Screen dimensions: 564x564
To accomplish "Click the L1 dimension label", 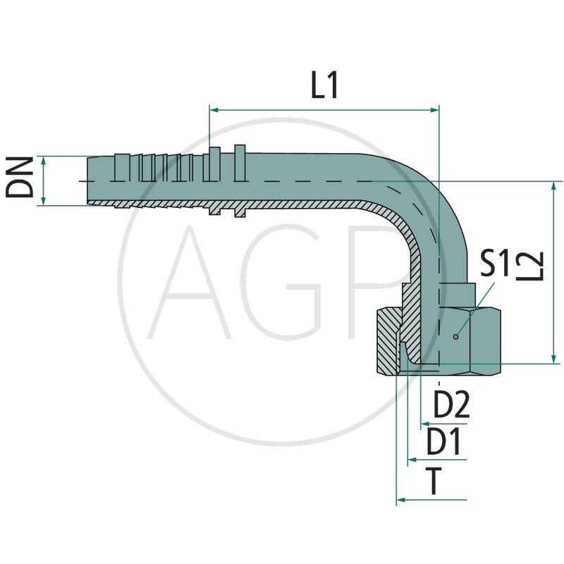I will point(325,86).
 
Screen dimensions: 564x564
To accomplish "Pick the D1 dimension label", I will point(443,443).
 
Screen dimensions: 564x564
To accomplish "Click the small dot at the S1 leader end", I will point(456,336).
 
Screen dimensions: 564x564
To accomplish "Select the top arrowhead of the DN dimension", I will point(44,161).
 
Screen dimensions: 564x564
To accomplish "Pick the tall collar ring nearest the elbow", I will point(240,180).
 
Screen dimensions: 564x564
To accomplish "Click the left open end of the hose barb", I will point(88,182).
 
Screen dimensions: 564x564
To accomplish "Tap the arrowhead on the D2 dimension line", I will point(424,424).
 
